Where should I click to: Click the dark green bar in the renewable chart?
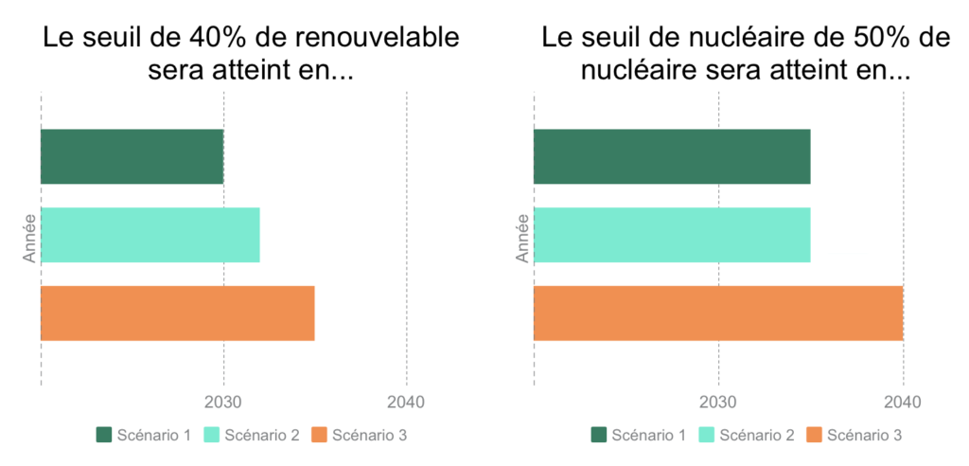[132, 156]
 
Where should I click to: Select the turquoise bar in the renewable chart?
[150, 234]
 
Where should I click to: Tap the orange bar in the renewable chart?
[178, 313]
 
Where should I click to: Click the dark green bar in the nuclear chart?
[672, 156]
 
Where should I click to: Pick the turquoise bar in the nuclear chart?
[672, 234]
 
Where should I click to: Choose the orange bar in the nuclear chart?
[718, 313]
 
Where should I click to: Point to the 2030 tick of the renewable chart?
[223, 402]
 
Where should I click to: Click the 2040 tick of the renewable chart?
[406, 402]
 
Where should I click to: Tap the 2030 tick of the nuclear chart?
[718, 402]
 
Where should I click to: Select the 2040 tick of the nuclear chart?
[903, 402]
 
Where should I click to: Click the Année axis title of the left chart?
[29, 237]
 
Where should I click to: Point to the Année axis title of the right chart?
[523, 237]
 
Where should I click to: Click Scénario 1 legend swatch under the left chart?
[104, 435]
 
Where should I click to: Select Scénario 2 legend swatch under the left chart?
[212, 435]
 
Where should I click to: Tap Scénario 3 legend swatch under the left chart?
[319, 435]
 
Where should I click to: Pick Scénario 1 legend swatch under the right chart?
[599, 435]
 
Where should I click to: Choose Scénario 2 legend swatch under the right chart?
[707, 435]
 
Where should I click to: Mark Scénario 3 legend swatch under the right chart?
[814, 435]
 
